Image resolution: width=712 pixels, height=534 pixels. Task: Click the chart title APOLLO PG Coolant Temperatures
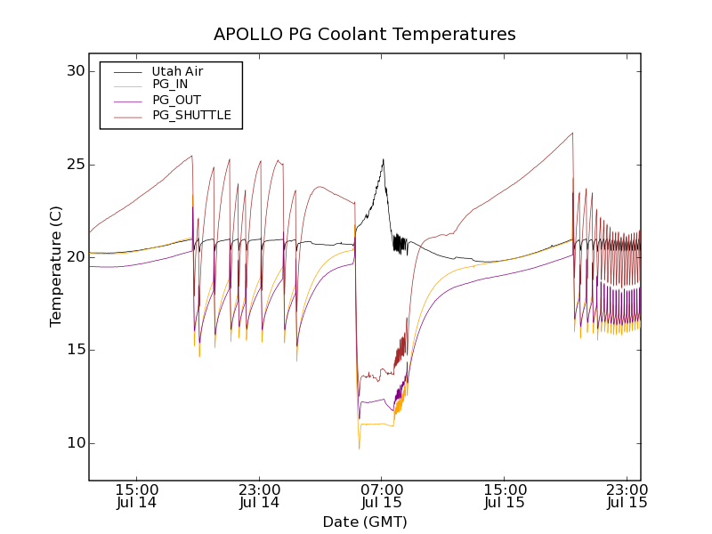click(364, 35)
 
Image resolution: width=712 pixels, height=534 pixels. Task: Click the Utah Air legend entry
click(177, 71)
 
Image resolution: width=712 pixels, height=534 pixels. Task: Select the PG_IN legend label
click(170, 85)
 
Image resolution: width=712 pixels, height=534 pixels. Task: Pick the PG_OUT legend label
click(175, 100)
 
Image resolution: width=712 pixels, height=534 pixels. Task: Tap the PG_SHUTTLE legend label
click(191, 115)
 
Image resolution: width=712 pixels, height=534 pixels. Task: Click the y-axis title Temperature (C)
click(56, 266)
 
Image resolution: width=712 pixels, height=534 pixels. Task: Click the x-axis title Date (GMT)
click(364, 522)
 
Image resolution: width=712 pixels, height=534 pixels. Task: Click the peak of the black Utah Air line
click(383, 159)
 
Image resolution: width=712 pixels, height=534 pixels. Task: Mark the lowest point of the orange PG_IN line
click(359, 449)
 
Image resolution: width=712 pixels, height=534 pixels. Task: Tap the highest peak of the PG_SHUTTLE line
click(572, 133)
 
